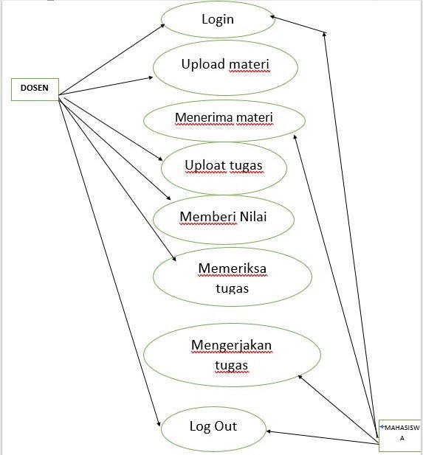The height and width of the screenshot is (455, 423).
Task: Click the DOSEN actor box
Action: [x=35, y=88]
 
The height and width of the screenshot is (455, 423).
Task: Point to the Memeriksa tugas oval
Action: [x=232, y=277]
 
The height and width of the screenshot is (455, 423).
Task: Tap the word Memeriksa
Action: [x=232, y=268]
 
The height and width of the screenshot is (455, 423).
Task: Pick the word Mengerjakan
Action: [x=231, y=345]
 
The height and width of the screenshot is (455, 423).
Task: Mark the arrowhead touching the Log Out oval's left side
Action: [x=158, y=423]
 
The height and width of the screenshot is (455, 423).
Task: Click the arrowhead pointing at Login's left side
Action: [x=165, y=25]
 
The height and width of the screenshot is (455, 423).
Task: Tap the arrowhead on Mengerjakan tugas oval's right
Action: [x=300, y=377]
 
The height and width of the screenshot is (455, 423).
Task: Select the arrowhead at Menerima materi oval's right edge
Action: [x=295, y=138]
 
